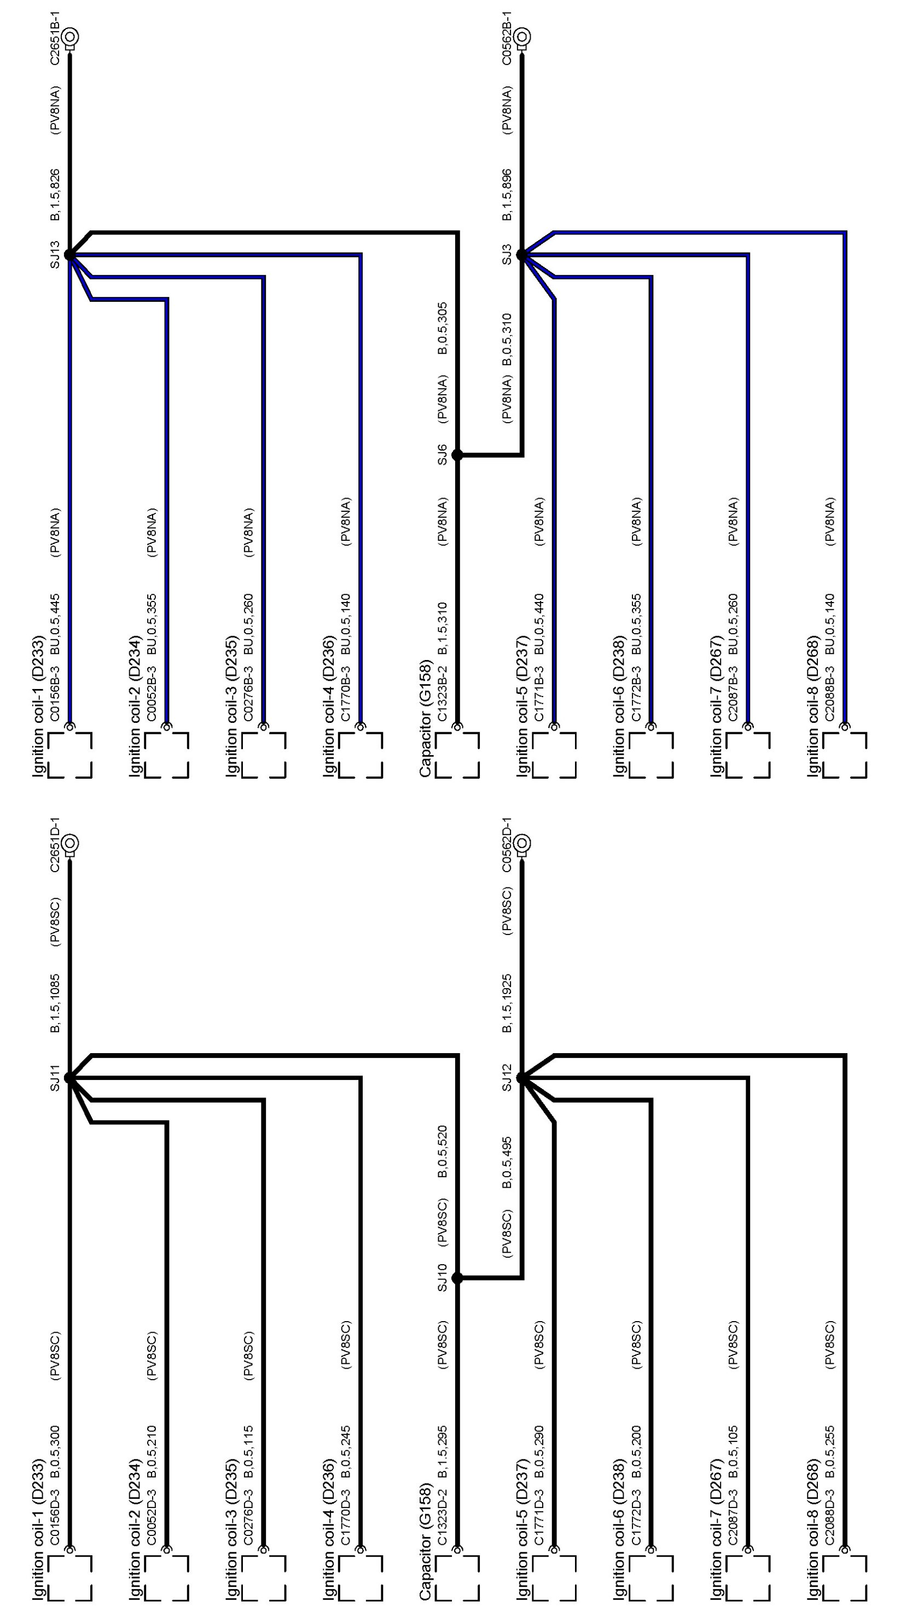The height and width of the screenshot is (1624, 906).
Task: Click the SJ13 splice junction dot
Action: pyautogui.click(x=69, y=255)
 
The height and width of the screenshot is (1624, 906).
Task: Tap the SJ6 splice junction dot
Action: pyautogui.click(x=457, y=454)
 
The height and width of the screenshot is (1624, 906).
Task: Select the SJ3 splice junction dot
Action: pyautogui.click(x=522, y=255)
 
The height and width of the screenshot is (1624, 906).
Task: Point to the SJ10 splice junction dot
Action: pyautogui.click(x=457, y=1278)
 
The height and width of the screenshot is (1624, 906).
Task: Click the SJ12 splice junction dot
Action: pyautogui.click(x=522, y=1078)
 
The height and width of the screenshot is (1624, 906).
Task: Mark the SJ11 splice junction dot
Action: pyautogui.click(x=69, y=1078)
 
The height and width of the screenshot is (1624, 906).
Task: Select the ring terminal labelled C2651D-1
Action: pyautogui.click(x=69, y=843)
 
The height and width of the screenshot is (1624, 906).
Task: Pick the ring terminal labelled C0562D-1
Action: pyautogui.click(x=522, y=843)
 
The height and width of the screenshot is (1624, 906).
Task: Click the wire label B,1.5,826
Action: pyautogui.click(x=55, y=195)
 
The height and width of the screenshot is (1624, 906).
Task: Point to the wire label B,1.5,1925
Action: pyautogui.click(x=507, y=1003)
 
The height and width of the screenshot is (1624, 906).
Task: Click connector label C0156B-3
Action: pyautogui.click(x=55, y=693)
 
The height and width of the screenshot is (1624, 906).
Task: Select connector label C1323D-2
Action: pyautogui.click(x=443, y=1517)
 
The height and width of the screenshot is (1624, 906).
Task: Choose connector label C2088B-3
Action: pyautogui.click(x=830, y=693)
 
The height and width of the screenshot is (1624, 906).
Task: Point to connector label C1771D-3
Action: pyautogui.click(x=539, y=1517)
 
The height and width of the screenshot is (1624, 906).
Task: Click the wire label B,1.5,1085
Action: pyautogui.click(x=55, y=1003)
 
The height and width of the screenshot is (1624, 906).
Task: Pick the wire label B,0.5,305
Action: pyautogui.click(x=443, y=329)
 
